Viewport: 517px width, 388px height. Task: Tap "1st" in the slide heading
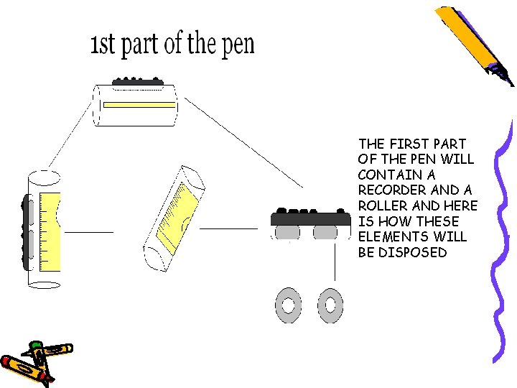(x=103, y=45)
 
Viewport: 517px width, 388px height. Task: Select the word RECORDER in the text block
(x=388, y=190)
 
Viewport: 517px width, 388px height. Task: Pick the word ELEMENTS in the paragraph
(x=388, y=236)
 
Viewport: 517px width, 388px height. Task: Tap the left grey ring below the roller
(x=289, y=305)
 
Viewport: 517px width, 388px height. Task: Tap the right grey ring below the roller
(x=330, y=305)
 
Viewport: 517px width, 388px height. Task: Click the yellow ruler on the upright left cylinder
(x=50, y=231)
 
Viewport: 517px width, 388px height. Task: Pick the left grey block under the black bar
(x=288, y=233)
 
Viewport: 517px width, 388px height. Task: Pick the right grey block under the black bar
(x=327, y=233)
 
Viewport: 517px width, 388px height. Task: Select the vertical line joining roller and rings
(x=334, y=262)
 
